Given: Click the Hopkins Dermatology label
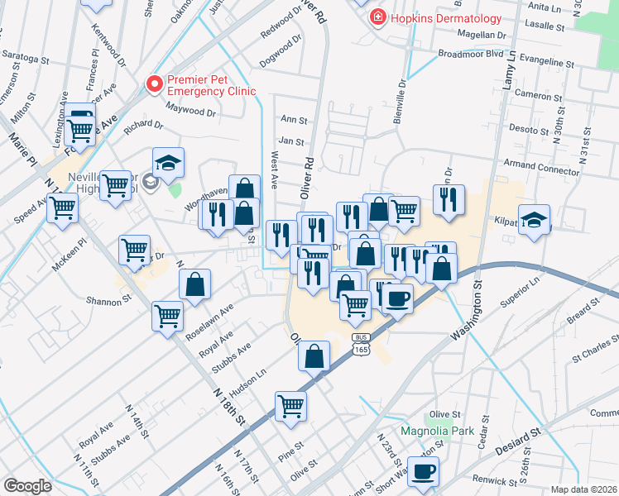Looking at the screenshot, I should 447,18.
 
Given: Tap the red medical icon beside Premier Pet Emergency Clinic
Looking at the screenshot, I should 153,84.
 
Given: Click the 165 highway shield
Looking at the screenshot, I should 361,349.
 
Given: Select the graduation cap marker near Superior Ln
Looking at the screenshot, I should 535,220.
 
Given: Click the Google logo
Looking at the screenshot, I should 27,486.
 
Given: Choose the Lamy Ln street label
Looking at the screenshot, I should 511,69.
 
